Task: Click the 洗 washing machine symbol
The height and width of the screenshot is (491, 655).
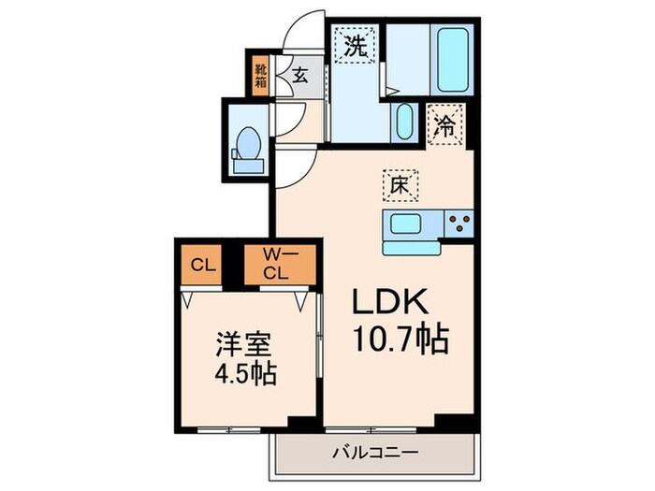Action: (x=355, y=45)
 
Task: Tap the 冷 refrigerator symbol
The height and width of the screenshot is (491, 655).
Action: (x=447, y=126)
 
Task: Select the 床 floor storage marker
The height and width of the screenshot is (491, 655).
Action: (x=398, y=185)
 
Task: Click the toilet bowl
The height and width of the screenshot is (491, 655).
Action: (x=248, y=148)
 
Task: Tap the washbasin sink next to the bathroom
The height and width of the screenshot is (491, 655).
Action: (x=404, y=122)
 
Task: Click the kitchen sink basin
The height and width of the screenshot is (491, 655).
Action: (x=409, y=224)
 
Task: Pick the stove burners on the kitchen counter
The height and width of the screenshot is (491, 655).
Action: (x=458, y=224)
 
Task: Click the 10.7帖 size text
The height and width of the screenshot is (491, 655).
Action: (x=400, y=339)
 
